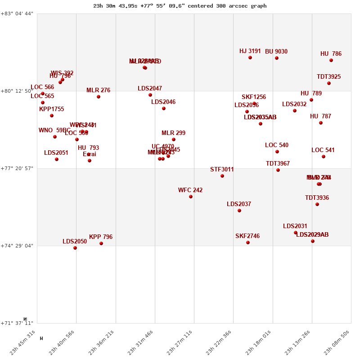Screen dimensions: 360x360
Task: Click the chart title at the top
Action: tap(180, 6)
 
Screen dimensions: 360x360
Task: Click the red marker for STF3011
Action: tap(222, 176)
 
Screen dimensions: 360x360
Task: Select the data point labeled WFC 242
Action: tap(191, 197)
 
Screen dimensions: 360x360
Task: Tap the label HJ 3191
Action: tap(250, 51)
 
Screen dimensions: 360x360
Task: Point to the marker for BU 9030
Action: tap(277, 58)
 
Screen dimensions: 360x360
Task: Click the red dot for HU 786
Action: tap(331, 60)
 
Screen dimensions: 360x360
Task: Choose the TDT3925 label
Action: tap(328, 77)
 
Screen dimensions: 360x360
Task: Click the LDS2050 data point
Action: tap(75, 248)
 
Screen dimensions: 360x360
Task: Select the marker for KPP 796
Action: tap(101, 243)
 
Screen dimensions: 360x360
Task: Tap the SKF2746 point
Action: tap(248, 243)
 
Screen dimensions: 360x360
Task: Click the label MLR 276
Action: tap(98, 90)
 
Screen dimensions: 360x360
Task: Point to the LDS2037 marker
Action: tap(239, 211)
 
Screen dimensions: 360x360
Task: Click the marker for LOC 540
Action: tap(277, 152)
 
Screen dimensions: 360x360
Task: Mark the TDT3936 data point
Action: tap(317, 204)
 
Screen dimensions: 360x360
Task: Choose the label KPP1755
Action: tap(51, 109)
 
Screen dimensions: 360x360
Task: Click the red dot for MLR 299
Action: tap(174, 139)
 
